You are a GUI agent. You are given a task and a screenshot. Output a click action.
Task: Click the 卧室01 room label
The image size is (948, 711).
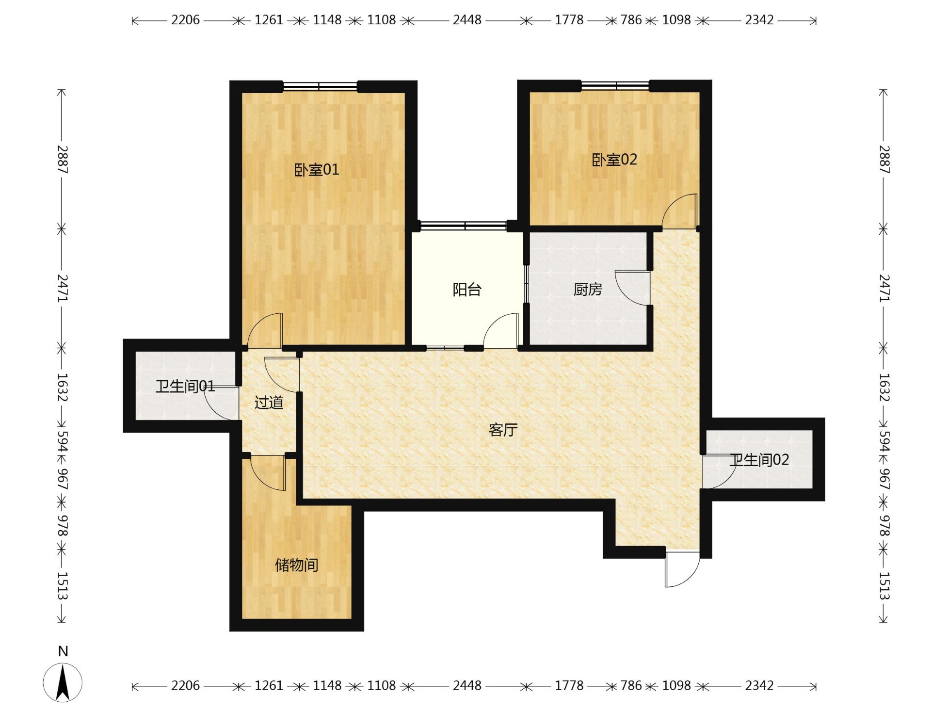(x=317, y=170)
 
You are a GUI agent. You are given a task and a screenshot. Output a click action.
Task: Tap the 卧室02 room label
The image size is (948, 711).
(x=614, y=160)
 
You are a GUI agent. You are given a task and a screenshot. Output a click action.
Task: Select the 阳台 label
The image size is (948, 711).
(x=467, y=290)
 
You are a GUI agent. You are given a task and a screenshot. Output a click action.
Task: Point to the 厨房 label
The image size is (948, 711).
(x=588, y=289)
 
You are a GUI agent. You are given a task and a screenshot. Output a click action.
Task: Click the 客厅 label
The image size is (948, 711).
(x=503, y=430)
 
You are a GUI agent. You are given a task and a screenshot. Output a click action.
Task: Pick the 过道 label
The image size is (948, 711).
(x=269, y=402)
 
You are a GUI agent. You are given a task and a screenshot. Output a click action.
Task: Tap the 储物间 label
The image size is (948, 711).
(x=297, y=565)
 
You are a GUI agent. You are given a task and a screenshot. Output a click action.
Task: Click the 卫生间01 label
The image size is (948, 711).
(x=185, y=386)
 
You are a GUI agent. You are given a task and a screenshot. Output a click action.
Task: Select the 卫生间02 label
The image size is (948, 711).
(x=759, y=460)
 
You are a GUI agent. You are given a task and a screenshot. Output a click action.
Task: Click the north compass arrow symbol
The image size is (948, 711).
(x=63, y=683)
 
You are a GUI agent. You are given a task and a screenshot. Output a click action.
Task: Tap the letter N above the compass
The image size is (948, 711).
(x=63, y=651)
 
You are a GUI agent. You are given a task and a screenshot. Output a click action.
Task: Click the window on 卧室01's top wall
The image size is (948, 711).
(x=320, y=86)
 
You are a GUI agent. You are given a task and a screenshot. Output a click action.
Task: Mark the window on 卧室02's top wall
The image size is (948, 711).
(x=615, y=86)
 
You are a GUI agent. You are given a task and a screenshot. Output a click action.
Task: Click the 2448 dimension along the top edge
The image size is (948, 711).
(x=467, y=20)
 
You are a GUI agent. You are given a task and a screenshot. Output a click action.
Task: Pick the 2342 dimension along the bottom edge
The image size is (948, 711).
(x=759, y=686)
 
